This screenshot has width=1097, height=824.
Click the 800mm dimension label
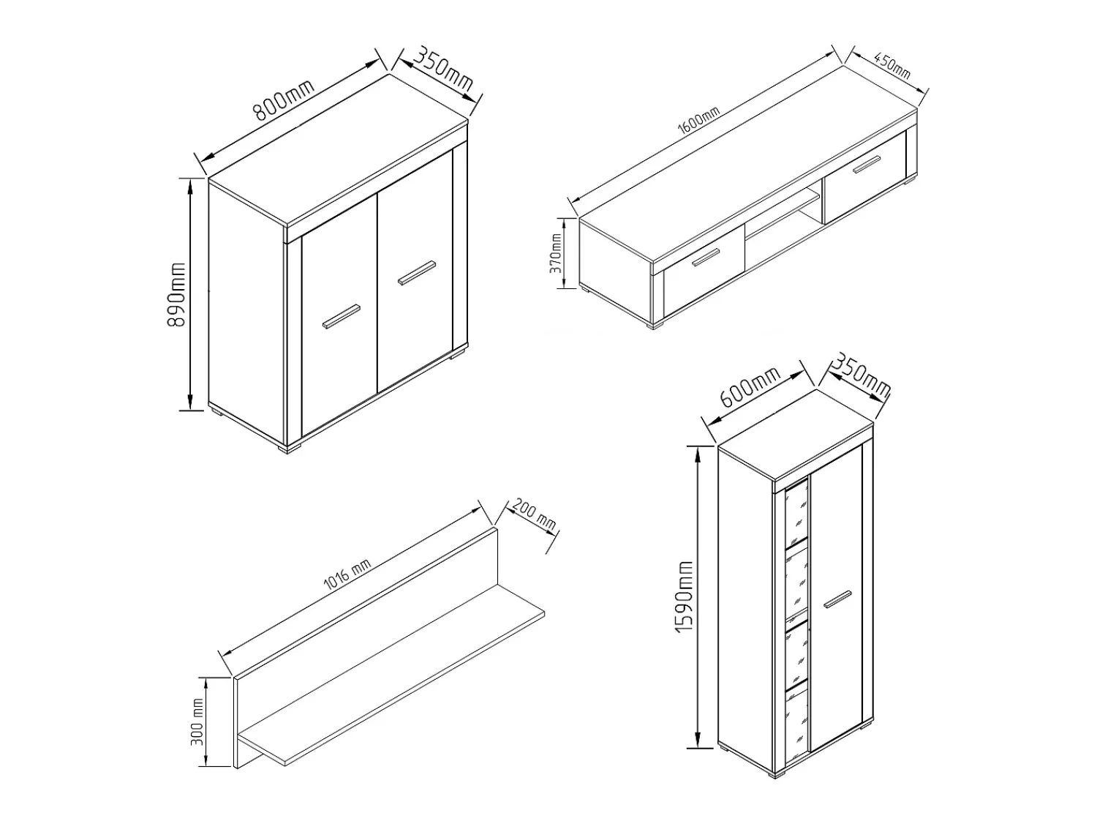[283, 100]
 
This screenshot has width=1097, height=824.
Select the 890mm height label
[176, 294]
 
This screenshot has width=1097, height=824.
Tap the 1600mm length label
[698, 121]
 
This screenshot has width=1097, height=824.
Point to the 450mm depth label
[892, 66]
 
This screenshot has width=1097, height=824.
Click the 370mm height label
[555, 253]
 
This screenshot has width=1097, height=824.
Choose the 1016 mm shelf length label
[347, 575]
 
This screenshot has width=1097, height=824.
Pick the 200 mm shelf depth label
[534, 514]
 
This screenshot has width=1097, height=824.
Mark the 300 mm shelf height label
[198, 722]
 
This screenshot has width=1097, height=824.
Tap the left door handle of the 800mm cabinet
[342, 316]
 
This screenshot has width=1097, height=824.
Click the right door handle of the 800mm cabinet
[417, 273]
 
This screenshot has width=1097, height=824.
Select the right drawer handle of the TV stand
[867, 165]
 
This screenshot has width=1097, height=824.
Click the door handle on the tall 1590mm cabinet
[837, 599]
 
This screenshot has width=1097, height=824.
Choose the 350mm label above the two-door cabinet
[443, 68]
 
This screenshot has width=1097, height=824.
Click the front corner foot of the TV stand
[656, 324]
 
